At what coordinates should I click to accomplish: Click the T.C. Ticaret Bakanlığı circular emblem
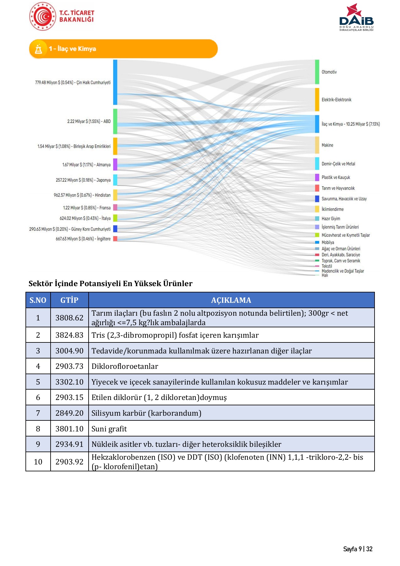[42, 16]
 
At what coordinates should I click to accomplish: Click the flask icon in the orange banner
[39, 49]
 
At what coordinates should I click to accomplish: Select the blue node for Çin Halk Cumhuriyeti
[115, 82]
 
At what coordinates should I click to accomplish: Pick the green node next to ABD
[115, 121]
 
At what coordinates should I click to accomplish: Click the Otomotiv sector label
[329, 72]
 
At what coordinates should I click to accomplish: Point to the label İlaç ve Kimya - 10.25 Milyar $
[350, 124]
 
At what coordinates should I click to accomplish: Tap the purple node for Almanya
[115, 164]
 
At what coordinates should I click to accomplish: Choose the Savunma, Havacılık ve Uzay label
[344, 199]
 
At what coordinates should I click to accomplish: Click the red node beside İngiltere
[115, 239]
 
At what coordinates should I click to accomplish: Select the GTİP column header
[69, 300]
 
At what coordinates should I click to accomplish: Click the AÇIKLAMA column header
[231, 300]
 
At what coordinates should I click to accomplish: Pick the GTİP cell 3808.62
[69, 318]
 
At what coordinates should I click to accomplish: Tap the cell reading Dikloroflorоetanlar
[125, 366]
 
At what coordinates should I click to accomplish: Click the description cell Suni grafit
[109, 429]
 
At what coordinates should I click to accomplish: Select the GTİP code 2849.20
[69, 413]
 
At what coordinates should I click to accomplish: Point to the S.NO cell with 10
[38, 462]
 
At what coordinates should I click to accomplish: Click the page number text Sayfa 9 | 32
[358, 549]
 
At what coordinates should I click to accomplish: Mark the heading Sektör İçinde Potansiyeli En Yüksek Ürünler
[110, 284]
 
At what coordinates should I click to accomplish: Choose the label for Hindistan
[82, 195]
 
